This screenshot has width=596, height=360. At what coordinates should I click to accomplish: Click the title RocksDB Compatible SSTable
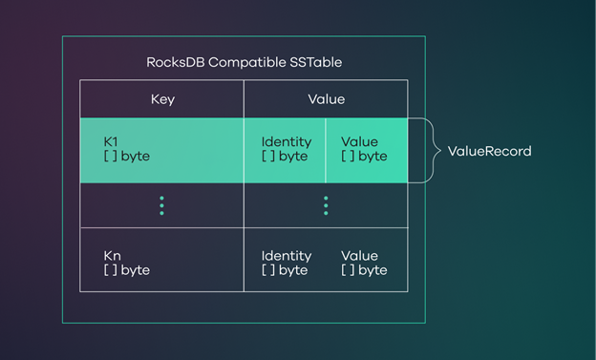tap(244, 62)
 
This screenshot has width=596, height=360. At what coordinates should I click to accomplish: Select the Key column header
tap(162, 99)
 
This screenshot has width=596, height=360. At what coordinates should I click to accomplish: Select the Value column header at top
tap(326, 99)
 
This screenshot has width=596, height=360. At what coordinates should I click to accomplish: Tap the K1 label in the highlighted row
tap(112, 142)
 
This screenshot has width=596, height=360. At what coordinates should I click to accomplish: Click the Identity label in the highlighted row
tap(287, 142)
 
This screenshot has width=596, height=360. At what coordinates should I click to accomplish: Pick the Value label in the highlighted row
tap(359, 142)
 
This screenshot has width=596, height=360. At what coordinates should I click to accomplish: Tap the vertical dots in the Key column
tap(162, 205)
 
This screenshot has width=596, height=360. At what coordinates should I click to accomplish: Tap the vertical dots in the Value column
tap(326, 205)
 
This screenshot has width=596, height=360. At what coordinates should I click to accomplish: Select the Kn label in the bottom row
tap(113, 256)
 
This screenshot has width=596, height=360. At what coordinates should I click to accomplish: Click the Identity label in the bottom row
tap(287, 256)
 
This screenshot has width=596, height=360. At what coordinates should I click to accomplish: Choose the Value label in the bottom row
tap(359, 256)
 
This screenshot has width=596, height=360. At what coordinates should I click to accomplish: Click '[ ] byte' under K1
tap(127, 157)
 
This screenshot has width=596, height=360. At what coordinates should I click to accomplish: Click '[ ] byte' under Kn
tap(127, 270)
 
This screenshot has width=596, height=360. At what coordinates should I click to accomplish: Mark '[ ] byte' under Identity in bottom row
tap(285, 270)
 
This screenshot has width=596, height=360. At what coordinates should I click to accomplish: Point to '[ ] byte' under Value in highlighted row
tap(364, 157)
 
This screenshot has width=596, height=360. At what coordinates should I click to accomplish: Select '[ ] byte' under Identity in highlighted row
tap(285, 157)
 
